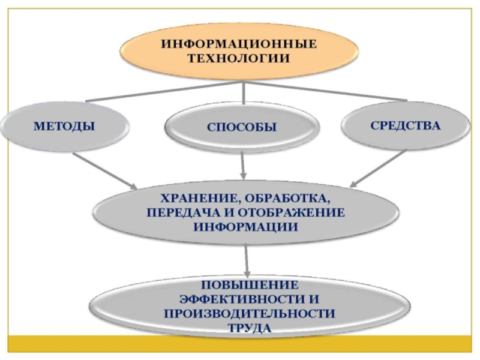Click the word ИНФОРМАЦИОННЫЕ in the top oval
(x=238, y=44)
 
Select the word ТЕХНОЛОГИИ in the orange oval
(x=239, y=58)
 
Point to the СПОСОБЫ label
(x=242, y=127)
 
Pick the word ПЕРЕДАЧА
(x=181, y=213)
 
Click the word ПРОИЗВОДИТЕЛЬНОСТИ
(x=249, y=313)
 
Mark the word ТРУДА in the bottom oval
(x=249, y=328)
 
